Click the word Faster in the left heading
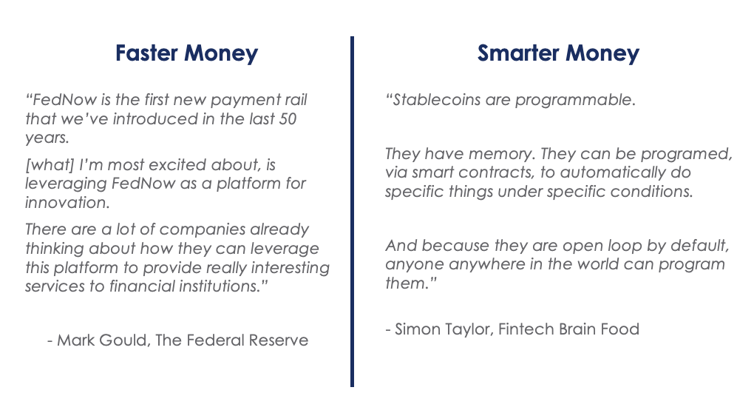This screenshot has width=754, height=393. pos(146,53)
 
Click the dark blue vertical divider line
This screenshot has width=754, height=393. pos(352,212)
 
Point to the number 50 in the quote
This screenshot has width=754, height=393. pos(287,119)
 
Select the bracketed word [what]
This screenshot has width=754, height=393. pos(50,165)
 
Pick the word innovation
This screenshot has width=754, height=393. pos(67,203)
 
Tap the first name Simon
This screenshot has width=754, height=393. pos(417,329)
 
